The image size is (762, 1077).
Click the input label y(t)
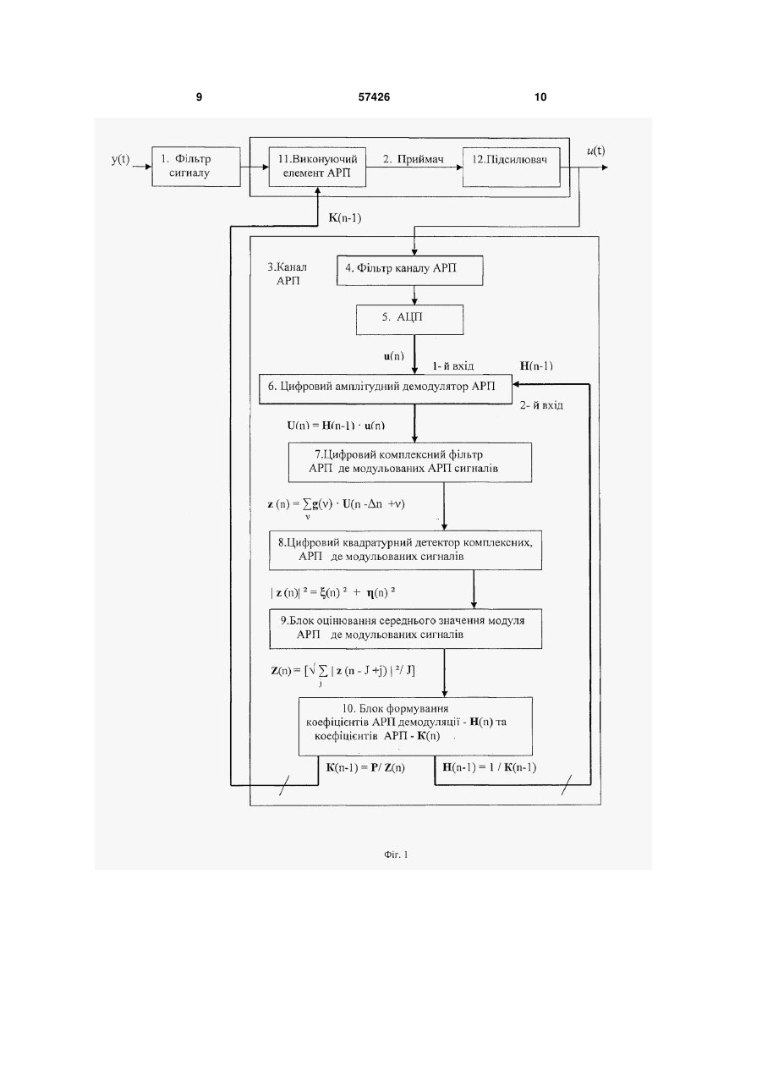[x=121, y=159]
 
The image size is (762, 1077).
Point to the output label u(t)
[x=596, y=151]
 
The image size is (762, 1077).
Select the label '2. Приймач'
[x=414, y=159]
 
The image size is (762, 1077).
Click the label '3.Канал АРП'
[x=288, y=273]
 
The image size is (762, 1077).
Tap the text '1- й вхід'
[x=453, y=365]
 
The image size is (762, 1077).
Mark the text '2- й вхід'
[x=541, y=405]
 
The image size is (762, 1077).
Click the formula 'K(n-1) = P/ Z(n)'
[x=365, y=767]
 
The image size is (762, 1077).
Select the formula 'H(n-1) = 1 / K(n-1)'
[x=490, y=767]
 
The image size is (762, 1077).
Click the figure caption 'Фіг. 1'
[x=396, y=854]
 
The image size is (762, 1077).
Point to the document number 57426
[x=374, y=97]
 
